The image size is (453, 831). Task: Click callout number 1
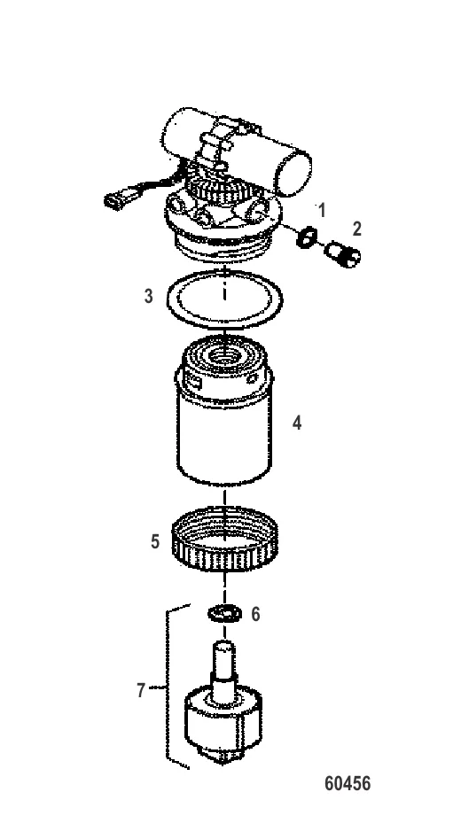322,210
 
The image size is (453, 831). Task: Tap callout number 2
357,229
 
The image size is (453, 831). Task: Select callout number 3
149,296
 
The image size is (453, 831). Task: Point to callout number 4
297,423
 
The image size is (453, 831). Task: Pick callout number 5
155,541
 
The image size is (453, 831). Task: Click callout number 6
255,614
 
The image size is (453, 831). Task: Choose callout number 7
141,690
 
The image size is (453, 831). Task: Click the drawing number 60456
348,783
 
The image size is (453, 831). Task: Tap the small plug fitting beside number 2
342,253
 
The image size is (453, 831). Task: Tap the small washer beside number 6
224,614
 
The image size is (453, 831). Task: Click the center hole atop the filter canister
224,355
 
